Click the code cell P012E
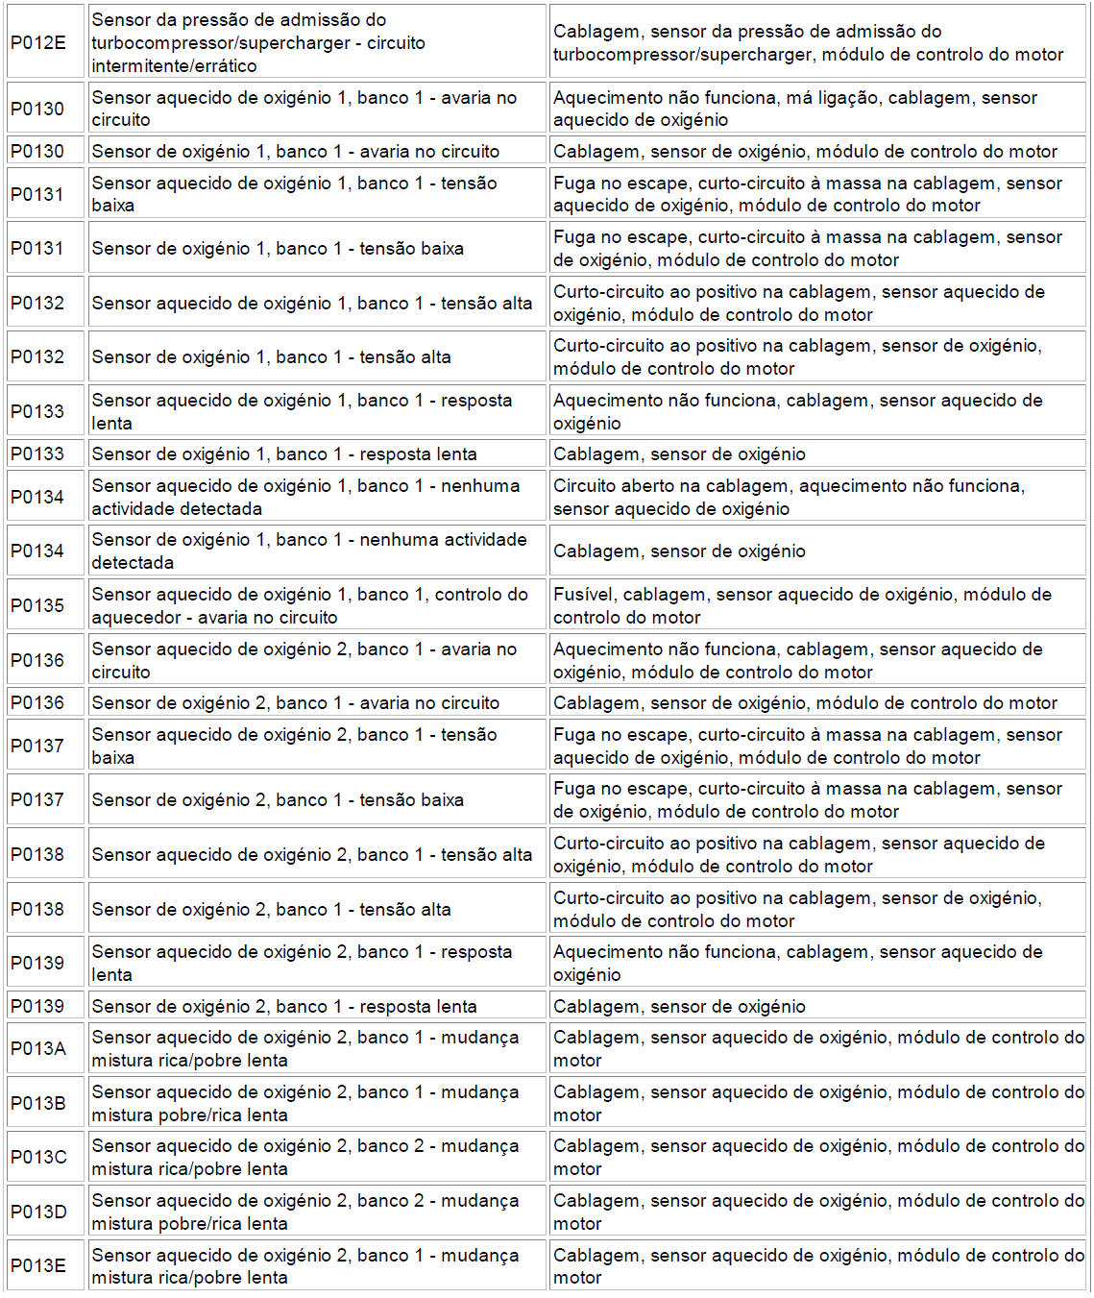coord(38,42)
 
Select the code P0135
coord(37,605)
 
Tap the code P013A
coord(38,1048)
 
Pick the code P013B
coord(38,1103)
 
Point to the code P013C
coord(38,1157)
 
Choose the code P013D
coord(38,1212)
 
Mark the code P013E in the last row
coord(38,1265)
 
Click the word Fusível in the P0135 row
coord(583,595)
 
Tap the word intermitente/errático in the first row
coord(174,66)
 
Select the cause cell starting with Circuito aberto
coord(789,498)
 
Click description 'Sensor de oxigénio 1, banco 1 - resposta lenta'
coord(284,454)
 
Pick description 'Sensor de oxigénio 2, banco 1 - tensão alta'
coord(271,909)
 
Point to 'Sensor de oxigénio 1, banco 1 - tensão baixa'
coord(278,249)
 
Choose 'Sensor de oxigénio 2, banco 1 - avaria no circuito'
coord(296,703)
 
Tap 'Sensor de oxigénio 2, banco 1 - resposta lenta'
coord(284,1007)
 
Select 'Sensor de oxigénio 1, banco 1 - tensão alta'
coord(271,357)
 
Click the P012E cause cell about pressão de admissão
coord(808,43)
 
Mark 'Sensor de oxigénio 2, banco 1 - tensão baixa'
coord(278,800)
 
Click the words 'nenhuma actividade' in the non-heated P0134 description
coord(450,540)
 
